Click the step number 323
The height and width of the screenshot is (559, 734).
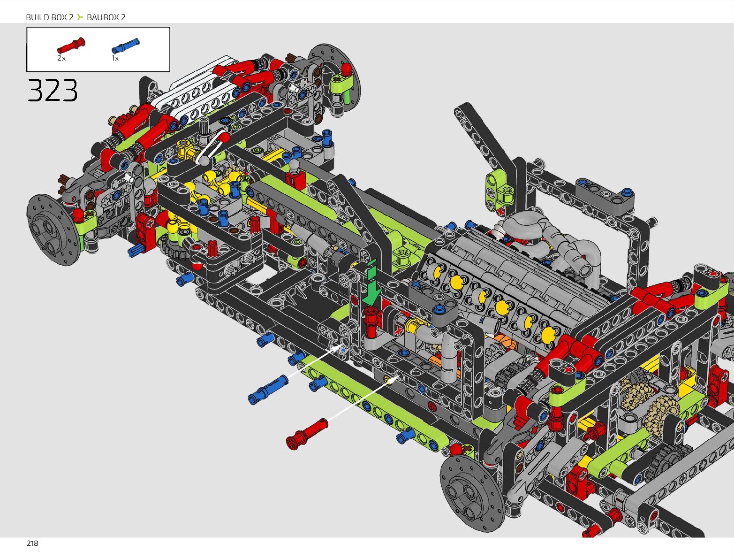pos(53,90)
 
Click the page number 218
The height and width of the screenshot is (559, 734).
pos(32,544)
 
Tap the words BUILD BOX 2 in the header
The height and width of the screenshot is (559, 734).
pos(50,17)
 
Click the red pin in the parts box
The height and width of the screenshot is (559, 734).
pos(71,46)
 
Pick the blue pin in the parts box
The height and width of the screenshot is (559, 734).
pos(125,46)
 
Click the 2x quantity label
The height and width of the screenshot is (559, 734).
pos(61,58)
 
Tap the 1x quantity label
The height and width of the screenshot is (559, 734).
pos(115,58)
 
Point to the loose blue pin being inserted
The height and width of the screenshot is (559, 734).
pos(268,390)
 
